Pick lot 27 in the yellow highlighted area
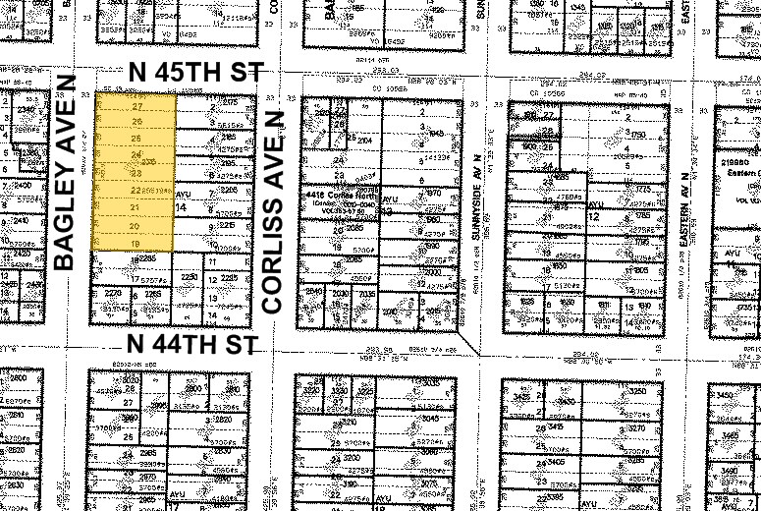(x=137, y=105)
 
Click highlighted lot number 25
(x=137, y=139)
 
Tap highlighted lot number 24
(x=137, y=155)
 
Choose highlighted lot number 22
(x=135, y=189)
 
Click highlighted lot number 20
(x=136, y=225)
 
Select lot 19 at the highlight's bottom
(x=136, y=242)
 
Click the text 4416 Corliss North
(x=338, y=197)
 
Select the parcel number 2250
(x=190, y=278)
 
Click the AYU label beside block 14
(x=181, y=195)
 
